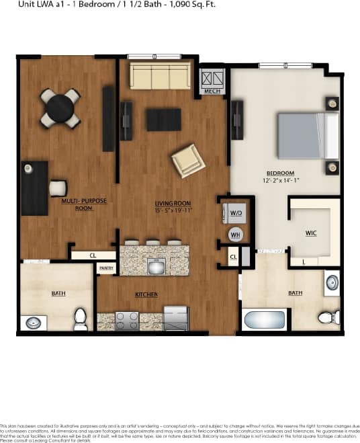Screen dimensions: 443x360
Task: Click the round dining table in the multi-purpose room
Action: click(60, 108)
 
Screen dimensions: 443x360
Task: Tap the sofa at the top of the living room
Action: click(160, 77)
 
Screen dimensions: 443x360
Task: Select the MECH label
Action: click(212, 91)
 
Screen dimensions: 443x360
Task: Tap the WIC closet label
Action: click(311, 233)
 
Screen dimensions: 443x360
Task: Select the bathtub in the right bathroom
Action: click(265, 319)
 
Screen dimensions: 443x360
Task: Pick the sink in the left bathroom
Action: click(34, 323)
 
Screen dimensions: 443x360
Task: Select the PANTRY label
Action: click(106, 268)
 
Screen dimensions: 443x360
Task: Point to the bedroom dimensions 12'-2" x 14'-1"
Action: click(279, 180)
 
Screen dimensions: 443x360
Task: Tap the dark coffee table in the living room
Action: click(164, 119)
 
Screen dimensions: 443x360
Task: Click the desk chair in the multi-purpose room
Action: click(58, 188)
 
